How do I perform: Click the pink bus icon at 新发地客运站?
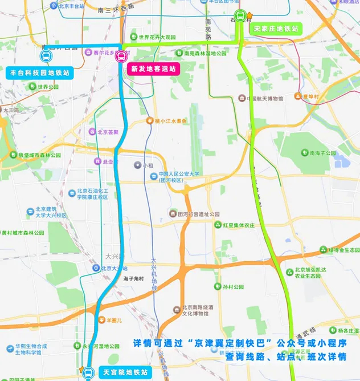[121, 56]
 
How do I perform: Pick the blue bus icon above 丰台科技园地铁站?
[46, 56]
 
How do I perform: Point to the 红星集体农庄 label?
[238, 225]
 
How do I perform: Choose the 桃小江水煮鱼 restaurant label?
[170, 121]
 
